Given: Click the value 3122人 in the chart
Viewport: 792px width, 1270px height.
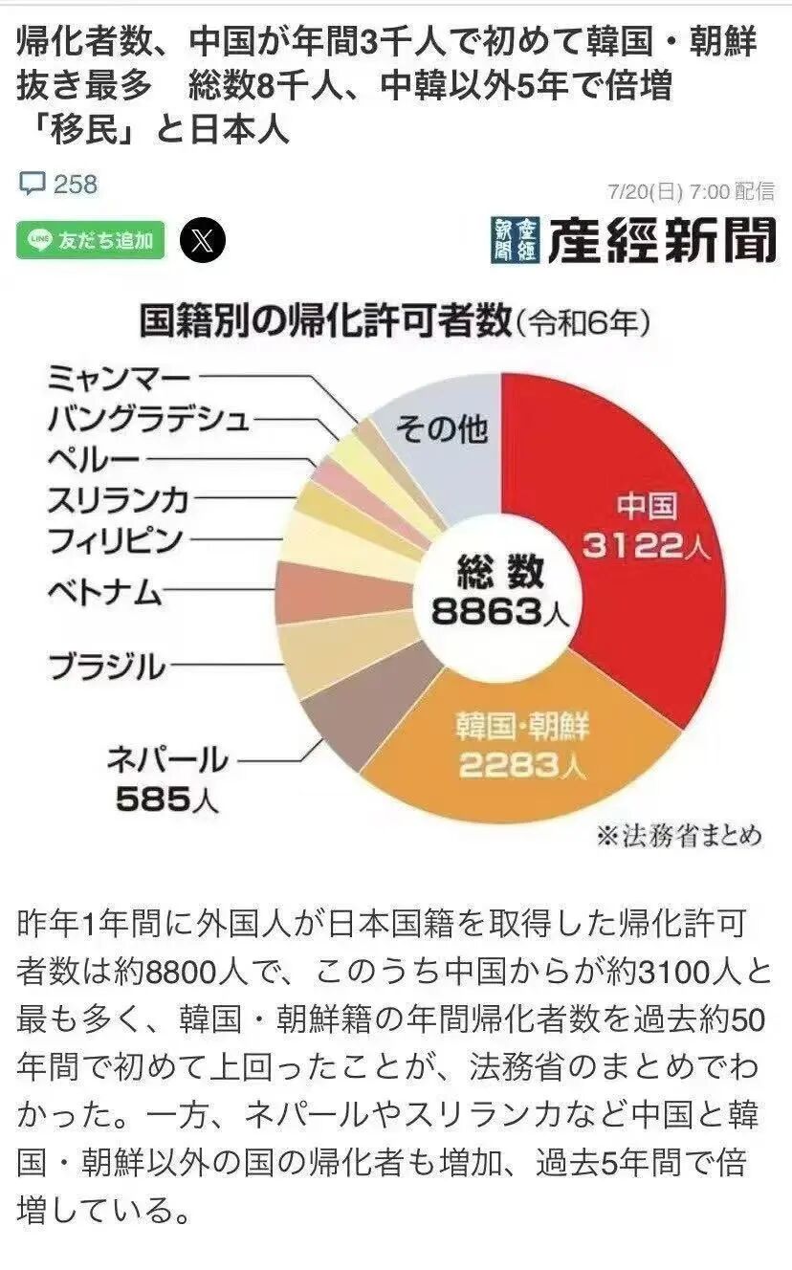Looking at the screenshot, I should (x=645, y=546).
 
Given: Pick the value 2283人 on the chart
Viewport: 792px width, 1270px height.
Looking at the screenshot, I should (x=521, y=766).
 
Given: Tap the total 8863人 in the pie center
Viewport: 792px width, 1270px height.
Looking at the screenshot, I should (x=500, y=609).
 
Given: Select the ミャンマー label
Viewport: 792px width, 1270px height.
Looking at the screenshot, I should (x=119, y=378).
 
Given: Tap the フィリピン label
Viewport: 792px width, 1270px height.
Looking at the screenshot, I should (x=115, y=539).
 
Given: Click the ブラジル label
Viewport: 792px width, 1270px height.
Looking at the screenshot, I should (x=105, y=666).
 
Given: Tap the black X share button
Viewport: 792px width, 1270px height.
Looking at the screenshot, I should (x=203, y=239).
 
